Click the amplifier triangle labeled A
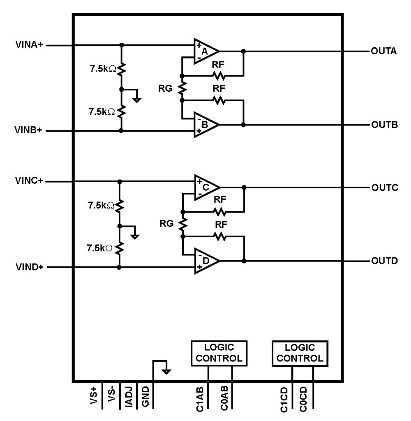205,52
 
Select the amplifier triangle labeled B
205,124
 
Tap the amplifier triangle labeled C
205,187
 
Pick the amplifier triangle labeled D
205,261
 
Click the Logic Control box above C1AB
219,353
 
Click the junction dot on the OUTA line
243,51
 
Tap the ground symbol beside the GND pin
166,371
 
